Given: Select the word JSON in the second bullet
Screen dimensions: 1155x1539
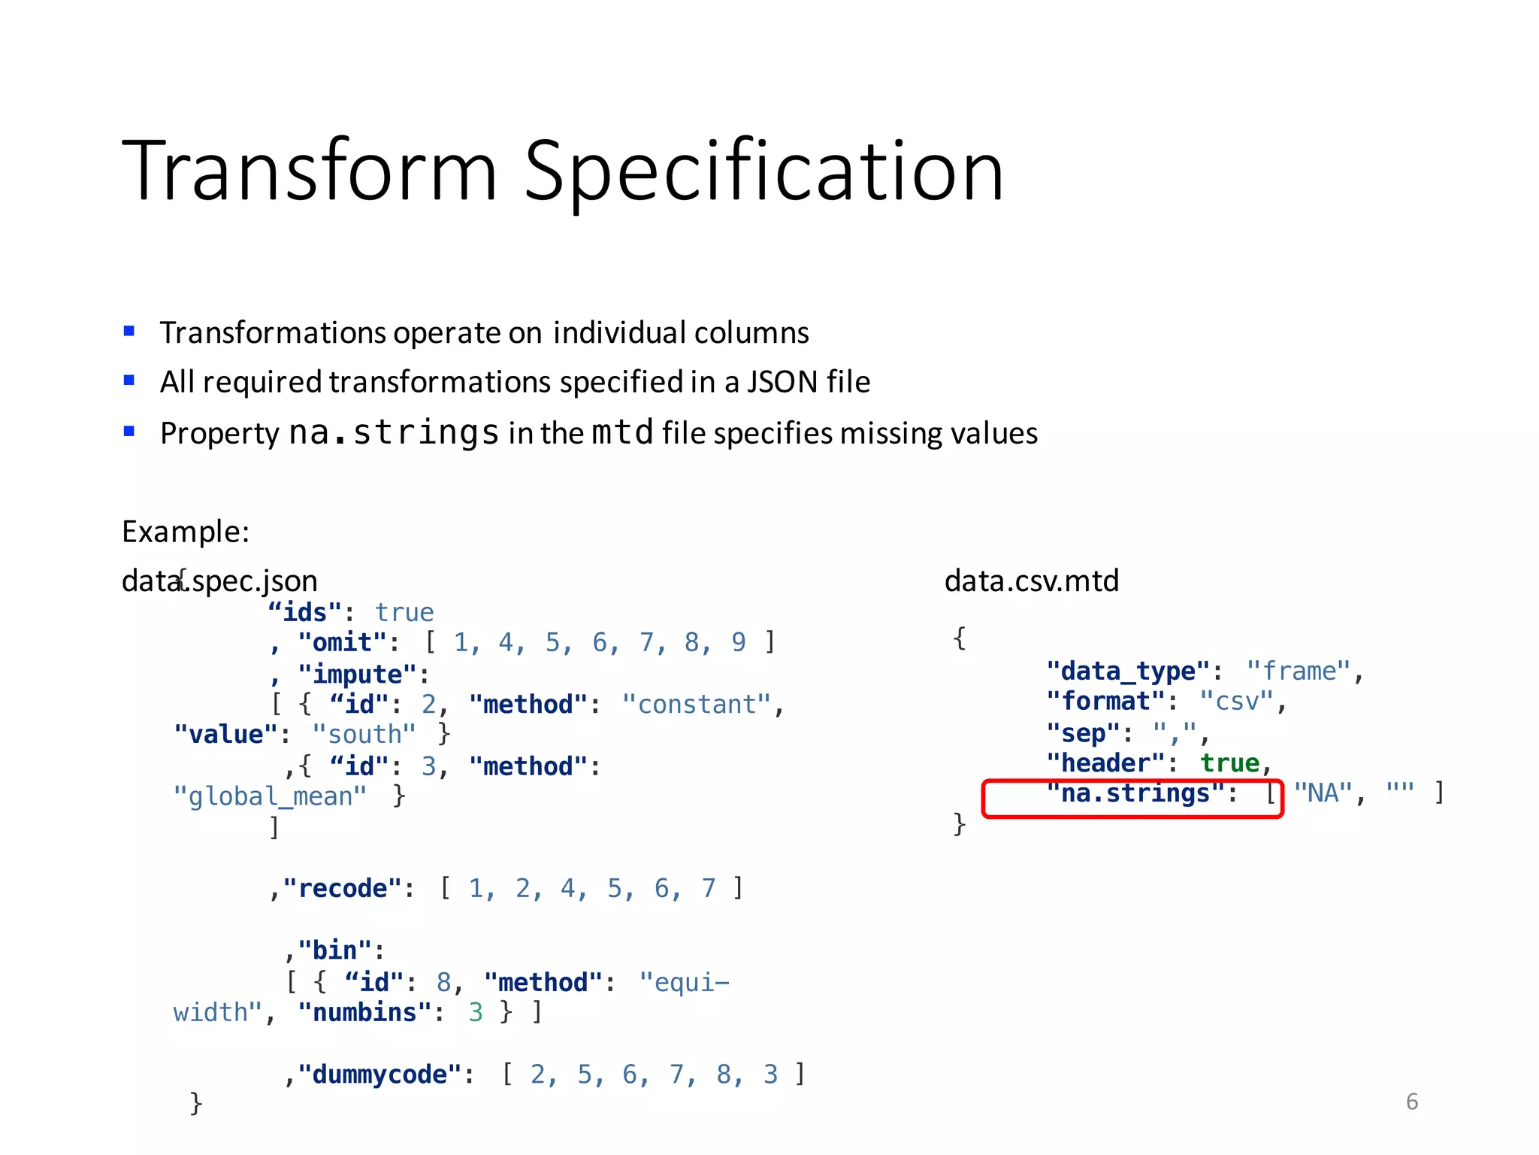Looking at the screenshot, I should pyautogui.click(x=782, y=382).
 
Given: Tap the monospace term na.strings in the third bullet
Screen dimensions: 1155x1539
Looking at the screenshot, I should pyautogui.click(x=394, y=432).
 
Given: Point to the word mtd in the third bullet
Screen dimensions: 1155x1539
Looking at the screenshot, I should pyautogui.click(x=622, y=432).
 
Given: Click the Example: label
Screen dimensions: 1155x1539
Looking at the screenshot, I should pyautogui.click(x=186, y=532).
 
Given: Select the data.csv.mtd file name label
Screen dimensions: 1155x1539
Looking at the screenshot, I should pyautogui.click(x=1031, y=581).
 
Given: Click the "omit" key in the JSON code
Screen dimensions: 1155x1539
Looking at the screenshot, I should pyautogui.click(x=343, y=643).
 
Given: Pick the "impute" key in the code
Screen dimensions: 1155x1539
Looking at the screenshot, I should pyautogui.click(x=358, y=674).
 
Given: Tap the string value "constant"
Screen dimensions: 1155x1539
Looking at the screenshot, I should pyautogui.click(x=697, y=705).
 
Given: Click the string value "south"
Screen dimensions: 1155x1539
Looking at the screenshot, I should pyautogui.click(x=364, y=735).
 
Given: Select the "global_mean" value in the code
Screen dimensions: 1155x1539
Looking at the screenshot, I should pyautogui.click(x=270, y=796).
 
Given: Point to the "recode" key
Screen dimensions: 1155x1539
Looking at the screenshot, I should pyautogui.click(x=343, y=889).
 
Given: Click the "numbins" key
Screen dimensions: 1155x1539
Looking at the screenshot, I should pyautogui.click(x=365, y=1013).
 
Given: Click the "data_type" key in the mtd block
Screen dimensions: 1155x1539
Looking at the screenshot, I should pyautogui.click(x=1128, y=671).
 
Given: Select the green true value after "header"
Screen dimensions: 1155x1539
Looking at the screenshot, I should pyautogui.click(x=1229, y=763).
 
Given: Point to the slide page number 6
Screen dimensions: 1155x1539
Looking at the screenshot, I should pyautogui.click(x=1411, y=1102).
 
